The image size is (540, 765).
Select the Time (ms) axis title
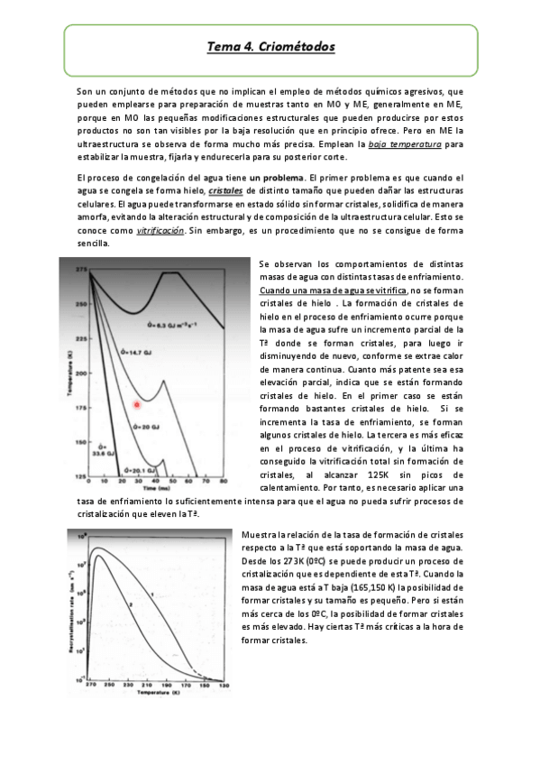159,487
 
